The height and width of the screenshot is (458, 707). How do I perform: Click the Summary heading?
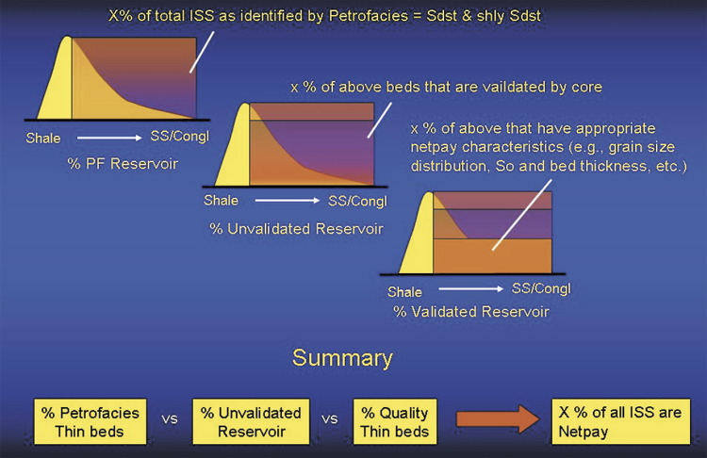[x=342, y=359]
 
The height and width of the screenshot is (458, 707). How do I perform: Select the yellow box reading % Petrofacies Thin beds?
[x=90, y=421]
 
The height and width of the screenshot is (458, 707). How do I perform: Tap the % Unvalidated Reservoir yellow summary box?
[x=251, y=421]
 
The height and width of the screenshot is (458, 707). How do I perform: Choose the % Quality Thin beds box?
[x=395, y=421]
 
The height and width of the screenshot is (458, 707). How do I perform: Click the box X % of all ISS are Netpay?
[x=621, y=421]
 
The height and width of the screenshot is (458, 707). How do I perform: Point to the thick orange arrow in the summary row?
[x=498, y=418]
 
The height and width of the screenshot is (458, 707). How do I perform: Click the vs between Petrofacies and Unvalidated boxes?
[x=170, y=419]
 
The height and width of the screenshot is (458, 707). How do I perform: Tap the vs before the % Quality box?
[x=330, y=419]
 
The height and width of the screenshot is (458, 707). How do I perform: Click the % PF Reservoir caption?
[x=123, y=164]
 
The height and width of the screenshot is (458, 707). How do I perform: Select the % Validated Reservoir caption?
[x=471, y=312]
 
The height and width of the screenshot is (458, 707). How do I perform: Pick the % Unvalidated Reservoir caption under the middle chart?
[x=296, y=229]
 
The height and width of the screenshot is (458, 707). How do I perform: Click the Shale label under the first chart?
[x=43, y=138]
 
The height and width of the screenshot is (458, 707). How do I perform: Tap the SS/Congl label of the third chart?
[x=541, y=288]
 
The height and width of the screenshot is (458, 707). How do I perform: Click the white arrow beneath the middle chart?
[x=288, y=201]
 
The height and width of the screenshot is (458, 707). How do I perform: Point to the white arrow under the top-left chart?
[x=109, y=138]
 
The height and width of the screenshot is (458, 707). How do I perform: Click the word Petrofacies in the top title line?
[x=369, y=16]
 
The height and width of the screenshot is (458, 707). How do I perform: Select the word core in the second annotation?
[x=586, y=87]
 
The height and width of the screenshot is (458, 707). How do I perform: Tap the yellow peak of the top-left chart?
[x=68, y=39]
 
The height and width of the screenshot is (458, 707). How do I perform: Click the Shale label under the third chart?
[x=405, y=292]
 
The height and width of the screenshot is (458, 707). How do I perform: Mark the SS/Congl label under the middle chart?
[x=357, y=201]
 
